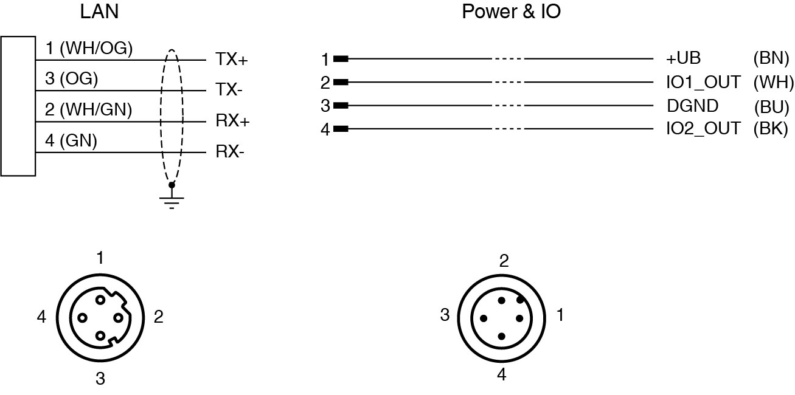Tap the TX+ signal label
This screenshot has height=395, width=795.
click(232, 60)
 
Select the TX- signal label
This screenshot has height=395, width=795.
click(229, 90)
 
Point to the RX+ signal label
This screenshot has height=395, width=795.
click(233, 121)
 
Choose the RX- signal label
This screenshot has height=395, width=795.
click(230, 151)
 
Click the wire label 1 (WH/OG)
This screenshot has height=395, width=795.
click(89, 48)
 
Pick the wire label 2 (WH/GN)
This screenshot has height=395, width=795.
click(89, 110)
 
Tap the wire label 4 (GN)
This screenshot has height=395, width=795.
click(71, 141)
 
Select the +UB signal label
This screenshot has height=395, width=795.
click(684, 59)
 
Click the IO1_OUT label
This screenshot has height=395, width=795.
click(704, 82)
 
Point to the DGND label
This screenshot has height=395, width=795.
click(692, 106)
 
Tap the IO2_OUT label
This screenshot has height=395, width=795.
click(704, 128)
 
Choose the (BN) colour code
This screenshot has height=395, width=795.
click(771, 59)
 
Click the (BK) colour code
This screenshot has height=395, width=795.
click(771, 128)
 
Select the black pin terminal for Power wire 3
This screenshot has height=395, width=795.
click(341, 105)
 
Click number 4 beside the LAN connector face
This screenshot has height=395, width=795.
click(41, 317)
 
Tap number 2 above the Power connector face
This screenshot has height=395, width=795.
click(504, 261)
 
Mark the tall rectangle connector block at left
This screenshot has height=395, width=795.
click(18, 106)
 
